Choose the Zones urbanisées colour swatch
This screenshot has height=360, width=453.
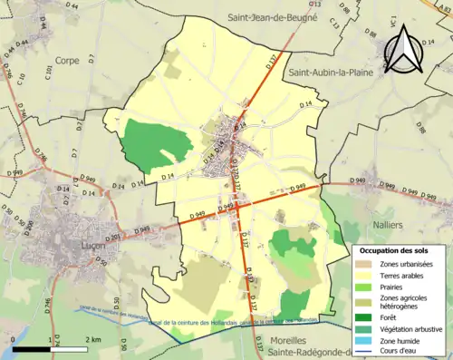(x=365, y=263)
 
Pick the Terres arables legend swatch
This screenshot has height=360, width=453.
(x=365, y=275)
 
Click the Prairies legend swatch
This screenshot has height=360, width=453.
(x=365, y=287)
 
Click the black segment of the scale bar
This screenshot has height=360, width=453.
(x=31, y=349)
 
